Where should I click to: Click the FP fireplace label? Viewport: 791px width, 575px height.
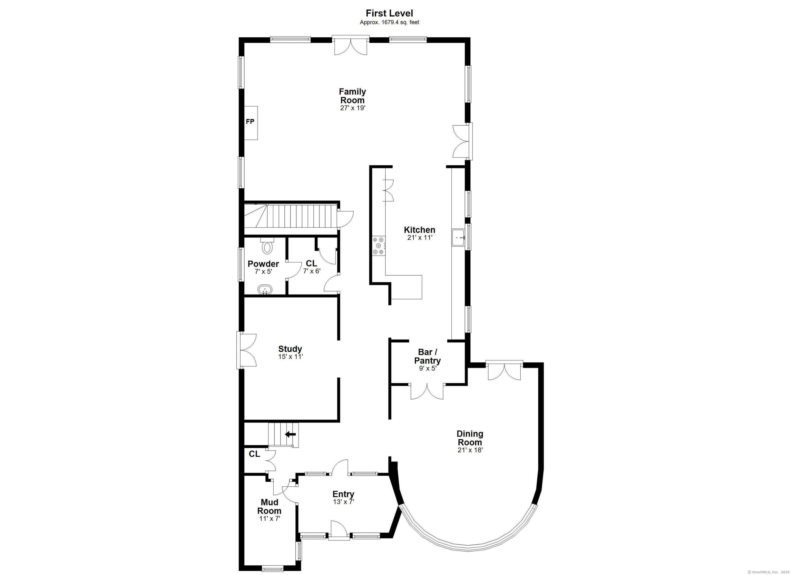(x=250, y=122)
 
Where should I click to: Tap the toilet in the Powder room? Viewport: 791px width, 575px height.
(x=267, y=246)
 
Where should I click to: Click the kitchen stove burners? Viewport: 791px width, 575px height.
(x=379, y=246)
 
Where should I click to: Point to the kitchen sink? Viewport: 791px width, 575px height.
(x=459, y=238)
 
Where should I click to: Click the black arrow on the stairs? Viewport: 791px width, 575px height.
(x=290, y=434)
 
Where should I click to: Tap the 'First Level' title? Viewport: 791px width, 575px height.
(x=389, y=13)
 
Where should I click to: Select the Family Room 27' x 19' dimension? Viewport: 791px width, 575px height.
(x=352, y=108)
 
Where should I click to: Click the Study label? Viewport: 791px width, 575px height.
(x=290, y=349)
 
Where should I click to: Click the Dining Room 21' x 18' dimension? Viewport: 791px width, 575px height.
(x=470, y=450)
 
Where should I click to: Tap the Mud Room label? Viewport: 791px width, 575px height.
(x=269, y=506)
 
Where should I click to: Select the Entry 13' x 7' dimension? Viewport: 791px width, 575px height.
(x=343, y=502)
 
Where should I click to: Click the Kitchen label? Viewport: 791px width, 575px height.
(x=419, y=230)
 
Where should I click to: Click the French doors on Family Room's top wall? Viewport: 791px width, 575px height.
(x=350, y=45)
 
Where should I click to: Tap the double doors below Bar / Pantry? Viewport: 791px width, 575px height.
(x=427, y=391)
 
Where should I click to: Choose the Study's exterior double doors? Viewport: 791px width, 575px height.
(x=247, y=350)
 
